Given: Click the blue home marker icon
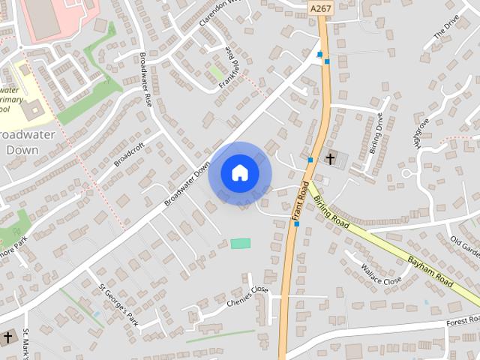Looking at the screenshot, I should [240, 172].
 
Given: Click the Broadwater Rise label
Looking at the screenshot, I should [145, 81].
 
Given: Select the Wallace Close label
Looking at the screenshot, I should [381, 274].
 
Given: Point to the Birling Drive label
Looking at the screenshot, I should [377, 133].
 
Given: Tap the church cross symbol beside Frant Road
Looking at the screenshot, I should [330, 158].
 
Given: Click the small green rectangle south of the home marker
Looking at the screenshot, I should [241, 243].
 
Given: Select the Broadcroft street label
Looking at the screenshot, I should [128, 154].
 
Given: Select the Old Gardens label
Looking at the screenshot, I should [465, 244].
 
